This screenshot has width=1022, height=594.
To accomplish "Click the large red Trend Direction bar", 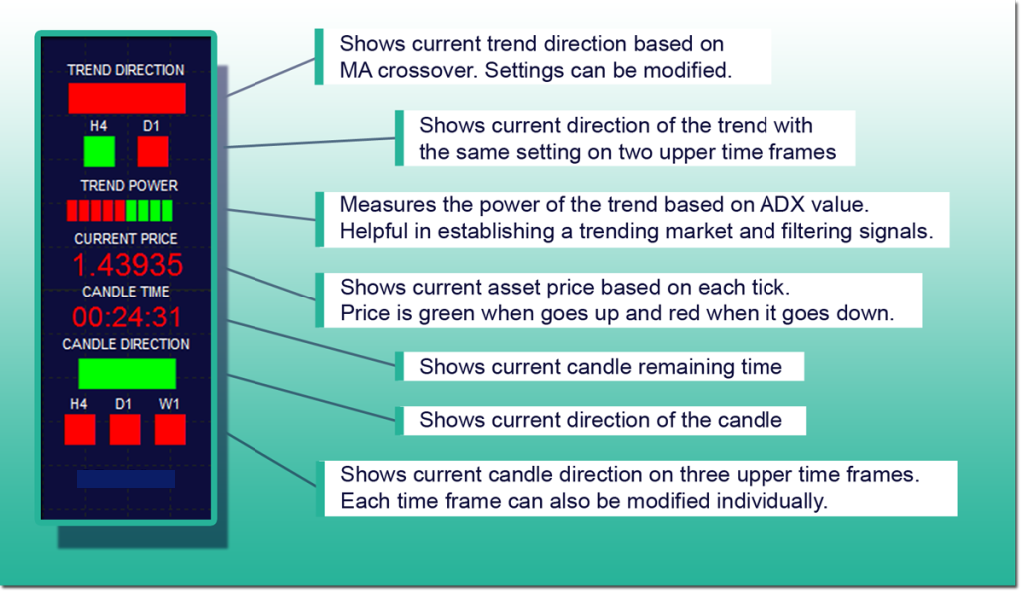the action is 127,98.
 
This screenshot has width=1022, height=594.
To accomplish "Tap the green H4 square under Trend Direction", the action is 99,152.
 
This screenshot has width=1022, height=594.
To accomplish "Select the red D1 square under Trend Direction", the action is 153,152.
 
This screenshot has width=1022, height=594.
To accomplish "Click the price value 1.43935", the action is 127,265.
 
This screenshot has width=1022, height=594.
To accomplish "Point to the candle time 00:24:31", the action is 127,317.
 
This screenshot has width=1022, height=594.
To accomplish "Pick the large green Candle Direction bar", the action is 127,373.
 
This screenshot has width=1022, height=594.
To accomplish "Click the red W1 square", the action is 170,430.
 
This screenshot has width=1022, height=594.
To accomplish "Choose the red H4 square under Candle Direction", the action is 80,430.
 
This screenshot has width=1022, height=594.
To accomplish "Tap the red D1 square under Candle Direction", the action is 125,430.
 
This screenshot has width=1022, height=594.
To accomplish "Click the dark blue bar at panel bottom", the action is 126,479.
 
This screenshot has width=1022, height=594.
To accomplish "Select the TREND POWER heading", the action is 129,185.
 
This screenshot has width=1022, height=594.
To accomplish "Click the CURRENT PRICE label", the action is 125,239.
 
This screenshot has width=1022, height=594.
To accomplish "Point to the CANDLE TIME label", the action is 125,292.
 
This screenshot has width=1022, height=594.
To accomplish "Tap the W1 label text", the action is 168,404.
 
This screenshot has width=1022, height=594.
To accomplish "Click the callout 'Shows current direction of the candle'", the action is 600,420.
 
